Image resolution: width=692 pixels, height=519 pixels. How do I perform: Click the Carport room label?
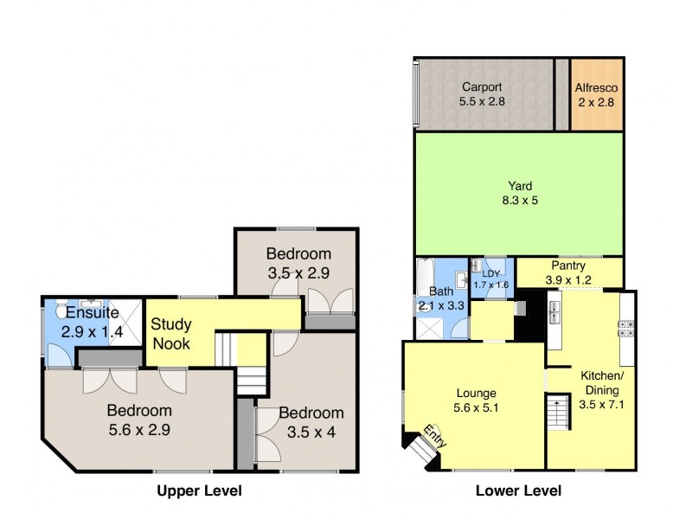[x=482, y=86]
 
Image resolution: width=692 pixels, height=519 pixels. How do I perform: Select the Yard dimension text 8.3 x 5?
[x=520, y=201]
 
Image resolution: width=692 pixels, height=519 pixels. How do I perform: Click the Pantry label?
[x=567, y=266]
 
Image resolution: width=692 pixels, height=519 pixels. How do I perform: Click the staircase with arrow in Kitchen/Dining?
[x=555, y=413]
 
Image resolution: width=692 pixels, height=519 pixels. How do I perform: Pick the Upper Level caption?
[x=198, y=491]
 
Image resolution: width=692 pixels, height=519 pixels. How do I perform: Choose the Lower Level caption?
[x=518, y=491]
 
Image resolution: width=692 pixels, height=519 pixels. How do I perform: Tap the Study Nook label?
[x=172, y=334]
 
